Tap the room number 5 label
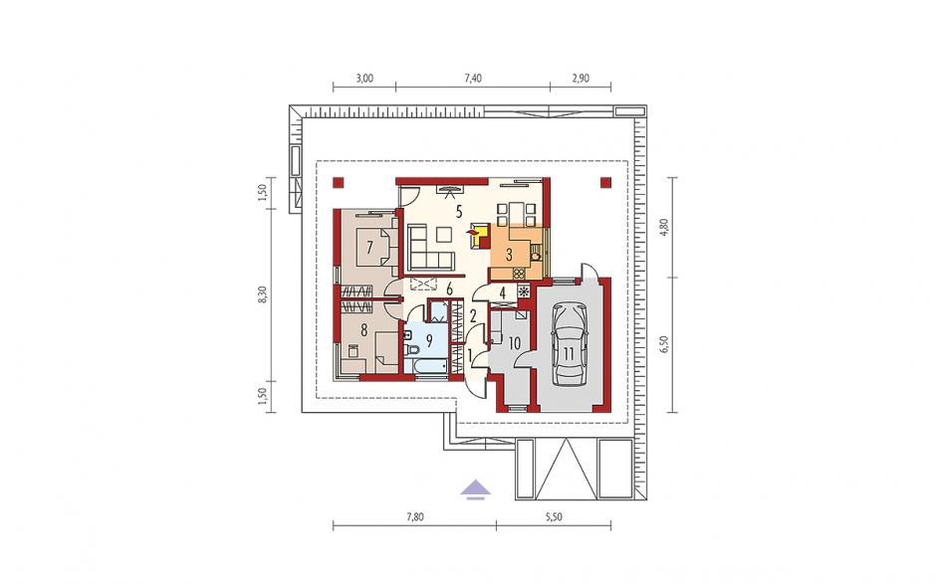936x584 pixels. tap(458, 211)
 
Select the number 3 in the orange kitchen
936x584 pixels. tap(509, 255)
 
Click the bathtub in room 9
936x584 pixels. tap(425, 366)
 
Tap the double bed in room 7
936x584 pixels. tap(373, 247)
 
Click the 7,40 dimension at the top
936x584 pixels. tap(472, 79)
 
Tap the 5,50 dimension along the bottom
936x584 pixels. tap(554, 517)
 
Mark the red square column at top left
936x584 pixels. tap(339, 182)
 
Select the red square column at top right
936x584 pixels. tap(605, 182)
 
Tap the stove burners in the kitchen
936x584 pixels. tap(519, 274)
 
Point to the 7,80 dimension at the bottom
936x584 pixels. tap(414, 517)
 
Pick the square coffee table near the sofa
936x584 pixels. tap(444, 236)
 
